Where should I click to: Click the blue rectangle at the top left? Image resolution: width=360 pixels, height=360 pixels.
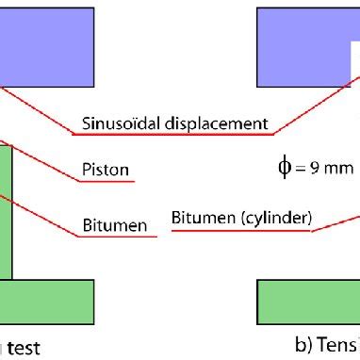pos(46,43)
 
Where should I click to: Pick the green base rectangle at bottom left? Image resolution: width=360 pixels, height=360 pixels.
pos(46,301)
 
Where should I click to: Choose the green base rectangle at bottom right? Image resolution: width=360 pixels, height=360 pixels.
pos(307,301)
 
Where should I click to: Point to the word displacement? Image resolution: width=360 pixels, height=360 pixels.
pos(221,123)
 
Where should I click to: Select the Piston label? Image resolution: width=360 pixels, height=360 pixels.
pos(104,171)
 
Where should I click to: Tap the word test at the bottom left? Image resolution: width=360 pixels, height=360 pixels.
pos(23,348)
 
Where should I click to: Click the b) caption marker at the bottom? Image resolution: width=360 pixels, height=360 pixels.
pos(303,345)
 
